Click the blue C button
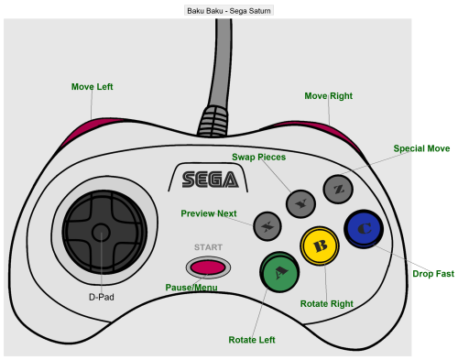coord(364,229)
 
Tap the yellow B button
coord(320,245)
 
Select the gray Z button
coord(338,190)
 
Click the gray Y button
coord(300,203)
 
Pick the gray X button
coord(267,226)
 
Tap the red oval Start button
coord(208,267)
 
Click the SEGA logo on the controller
coord(210,180)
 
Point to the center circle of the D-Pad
coord(101,233)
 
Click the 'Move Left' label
coord(93,87)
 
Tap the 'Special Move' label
coord(421,148)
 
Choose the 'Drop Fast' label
coord(433,274)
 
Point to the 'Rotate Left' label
coord(252,340)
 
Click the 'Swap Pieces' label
coord(259,157)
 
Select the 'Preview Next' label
coord(209,213)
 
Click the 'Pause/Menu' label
coord(191,288)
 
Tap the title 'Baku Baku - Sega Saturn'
coord(229,11)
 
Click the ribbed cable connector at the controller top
coord(213,121)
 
